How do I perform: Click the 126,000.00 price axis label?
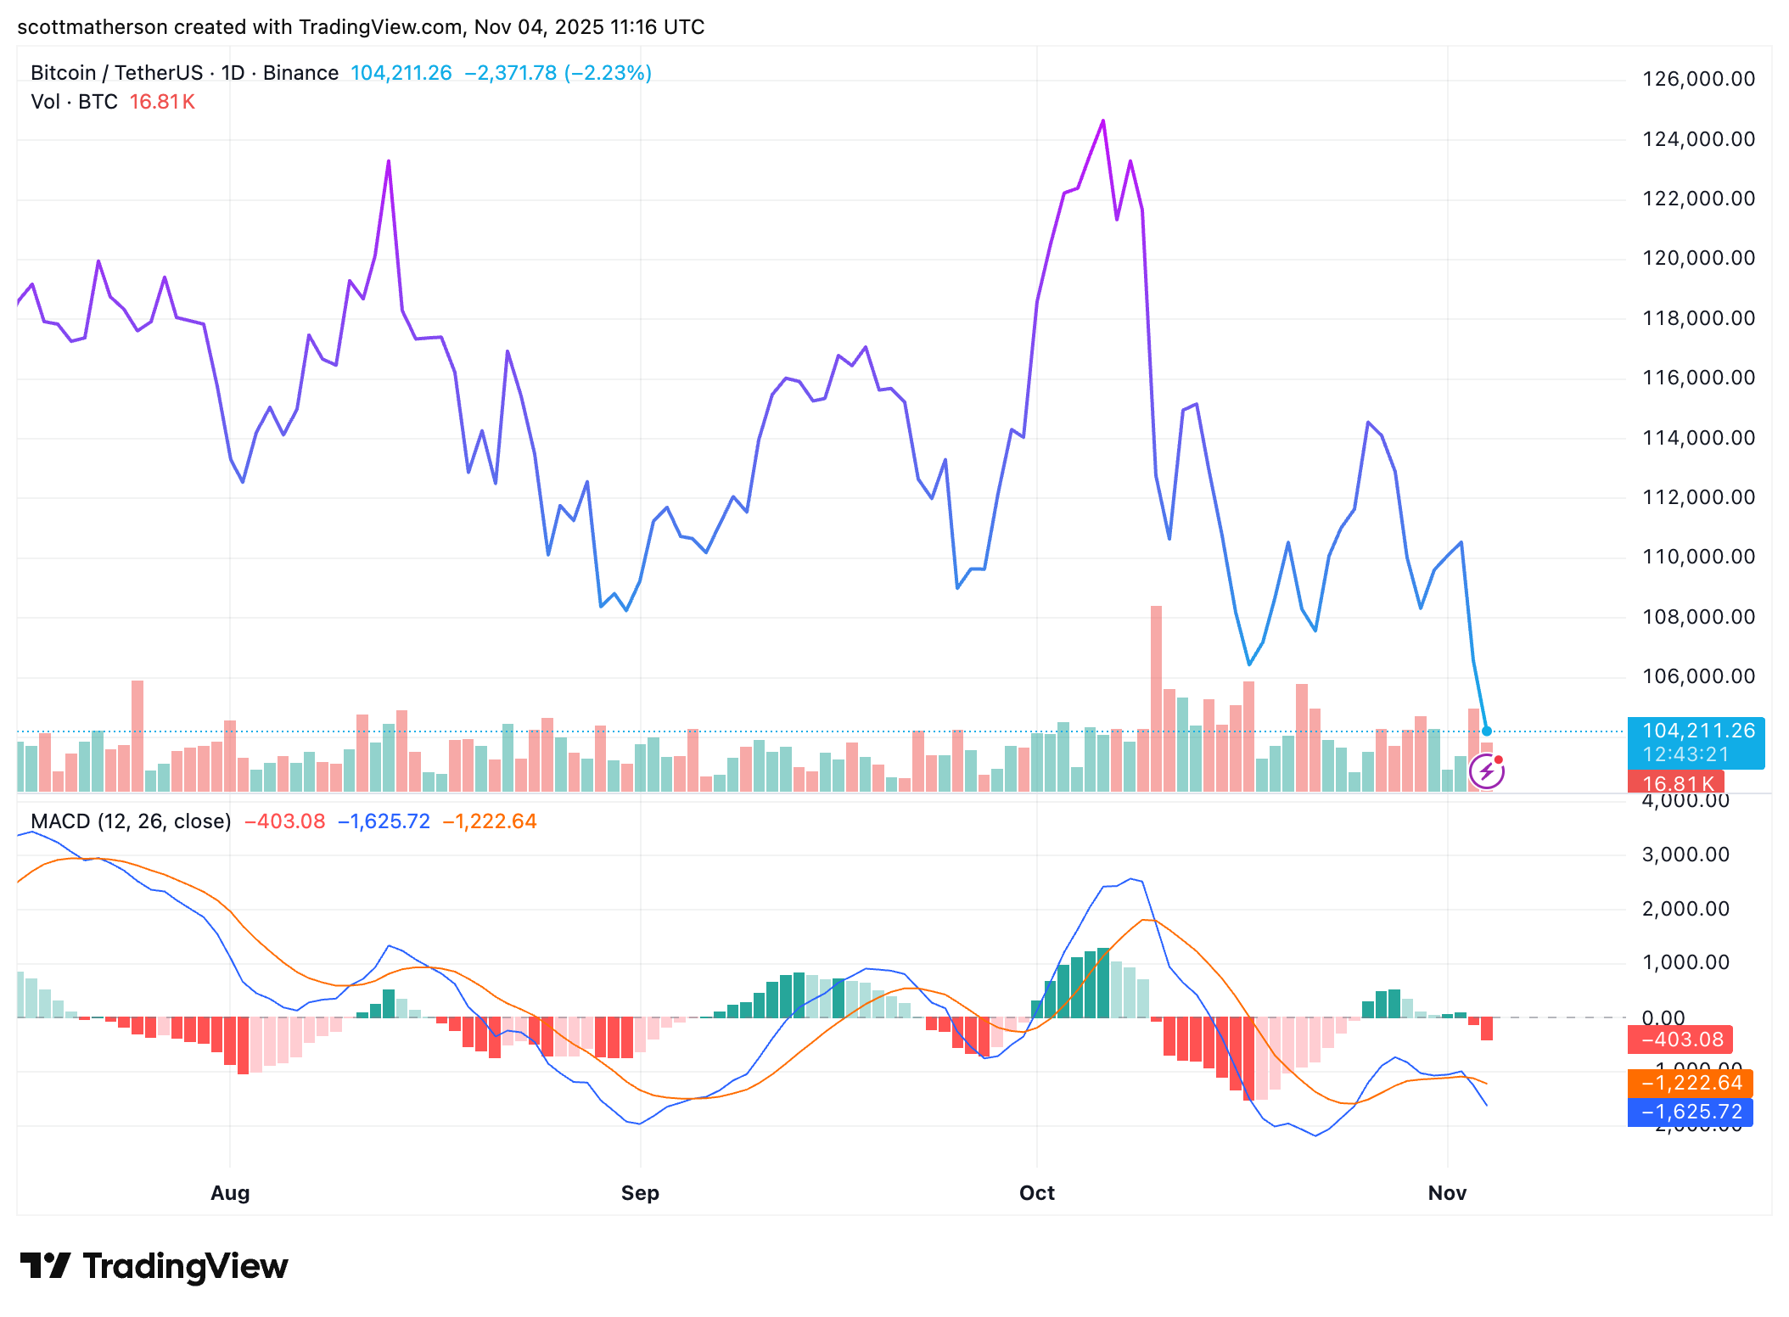point(1698,79)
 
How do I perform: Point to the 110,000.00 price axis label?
point(1698,557)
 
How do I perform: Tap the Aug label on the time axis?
point(230,1192)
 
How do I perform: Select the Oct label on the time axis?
point(1036,1192)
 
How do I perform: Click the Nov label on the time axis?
point(1447,1192)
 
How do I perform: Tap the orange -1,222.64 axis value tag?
point(1691,1083)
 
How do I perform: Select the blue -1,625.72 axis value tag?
point(1691,1112)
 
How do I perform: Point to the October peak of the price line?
point(1103,121)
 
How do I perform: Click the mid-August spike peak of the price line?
point(389,161)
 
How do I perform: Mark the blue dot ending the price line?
point(1486,731)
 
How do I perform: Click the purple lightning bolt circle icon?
point(1487,771)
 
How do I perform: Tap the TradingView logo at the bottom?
point(154,1266)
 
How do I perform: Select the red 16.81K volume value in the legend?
point(162,102)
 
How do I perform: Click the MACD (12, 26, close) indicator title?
point(131,821)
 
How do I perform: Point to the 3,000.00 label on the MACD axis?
point(1685,855)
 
